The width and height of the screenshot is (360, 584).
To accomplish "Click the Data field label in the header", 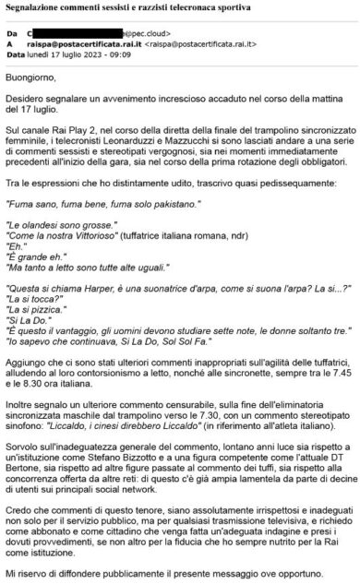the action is [x=16, y=54].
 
